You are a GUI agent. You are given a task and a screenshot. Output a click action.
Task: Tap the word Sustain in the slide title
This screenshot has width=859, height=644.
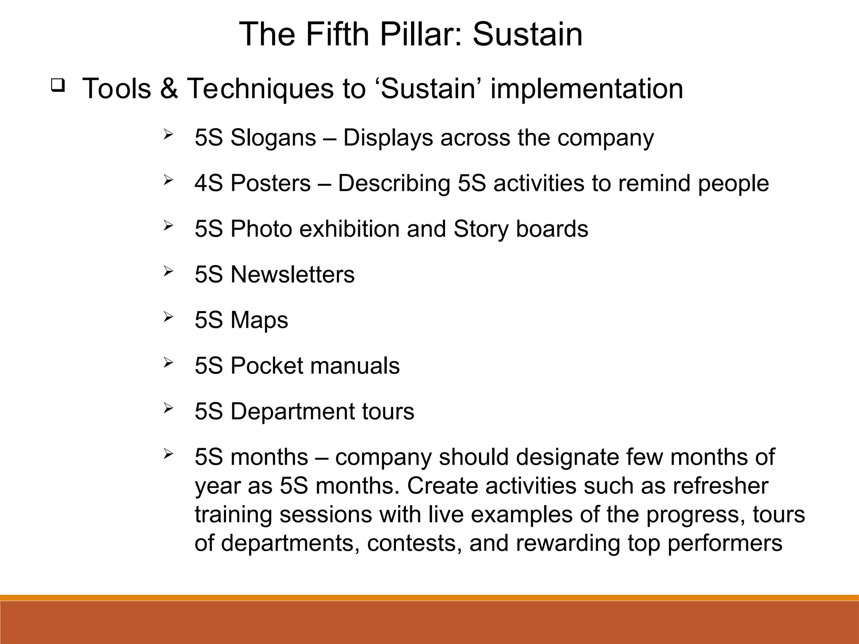pos(528,34)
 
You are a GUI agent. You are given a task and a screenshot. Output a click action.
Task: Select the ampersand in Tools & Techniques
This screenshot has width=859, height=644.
pos(169,89)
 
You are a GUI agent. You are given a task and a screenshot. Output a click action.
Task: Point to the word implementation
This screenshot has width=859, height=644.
pos(587,89)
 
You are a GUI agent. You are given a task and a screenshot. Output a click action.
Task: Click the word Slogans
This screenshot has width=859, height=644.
pos(273,138)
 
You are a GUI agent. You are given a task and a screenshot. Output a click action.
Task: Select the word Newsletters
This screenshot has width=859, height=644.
pos(292,275)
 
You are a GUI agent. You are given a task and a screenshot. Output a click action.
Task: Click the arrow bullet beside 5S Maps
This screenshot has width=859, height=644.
pos(168,317)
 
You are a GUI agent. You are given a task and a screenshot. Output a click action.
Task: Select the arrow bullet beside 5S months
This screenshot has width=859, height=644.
pos(168,454)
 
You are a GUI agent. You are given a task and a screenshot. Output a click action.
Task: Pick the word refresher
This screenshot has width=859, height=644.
pos(720,486)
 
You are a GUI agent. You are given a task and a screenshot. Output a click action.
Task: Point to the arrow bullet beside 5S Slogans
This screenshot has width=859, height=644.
pos(168,135)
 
